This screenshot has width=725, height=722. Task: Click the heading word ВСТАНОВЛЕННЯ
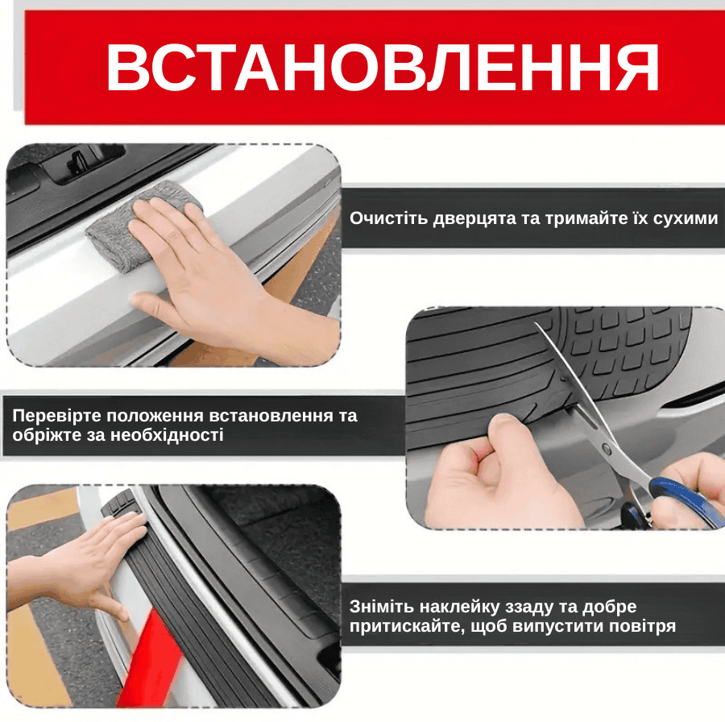pyautogui.click(x=383, y=68)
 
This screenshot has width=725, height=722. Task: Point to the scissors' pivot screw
pyautogui.click(x=607, y=447)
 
